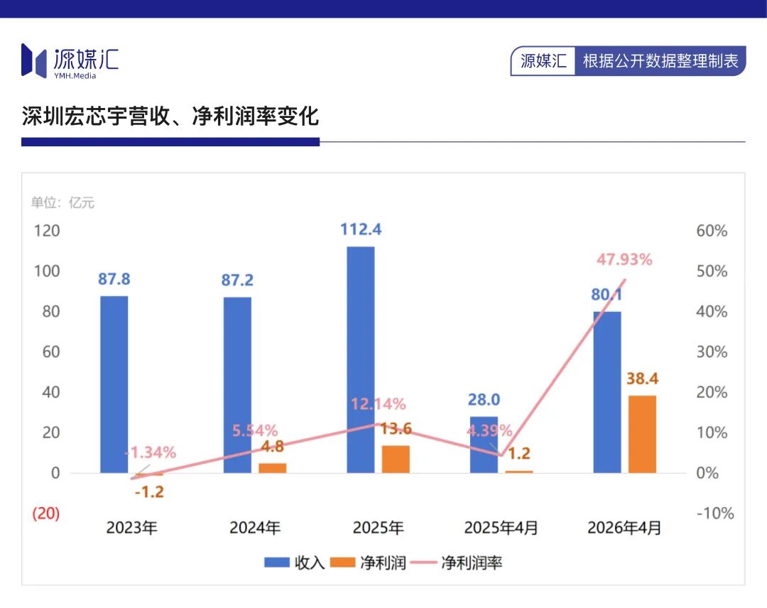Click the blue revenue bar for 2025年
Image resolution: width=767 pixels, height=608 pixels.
pos(361,359)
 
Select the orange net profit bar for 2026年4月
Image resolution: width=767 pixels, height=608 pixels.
pos(642,435)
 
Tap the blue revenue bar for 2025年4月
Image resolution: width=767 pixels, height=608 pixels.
pos(484,445)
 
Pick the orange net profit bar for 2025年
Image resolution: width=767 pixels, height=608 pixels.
pos(396,460)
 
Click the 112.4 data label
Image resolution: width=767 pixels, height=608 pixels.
pos(361,229)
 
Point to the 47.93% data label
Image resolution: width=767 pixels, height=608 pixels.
pos(624,259)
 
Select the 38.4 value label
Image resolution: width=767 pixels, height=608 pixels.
pos(642,379)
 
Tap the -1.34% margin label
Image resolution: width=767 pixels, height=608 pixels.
pos(151,452)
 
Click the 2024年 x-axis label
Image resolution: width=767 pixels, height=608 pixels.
pos(255,527)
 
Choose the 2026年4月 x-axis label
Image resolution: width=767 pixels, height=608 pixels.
pos(624,527)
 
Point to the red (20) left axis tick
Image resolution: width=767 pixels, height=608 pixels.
pos(46,513)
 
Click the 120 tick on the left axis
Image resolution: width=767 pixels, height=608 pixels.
pos(46,230)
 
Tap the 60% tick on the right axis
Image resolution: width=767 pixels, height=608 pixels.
pos(712,230)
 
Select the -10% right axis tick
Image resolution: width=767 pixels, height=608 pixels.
pos(715,513)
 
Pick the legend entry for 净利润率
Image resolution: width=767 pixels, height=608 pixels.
pos(457,563)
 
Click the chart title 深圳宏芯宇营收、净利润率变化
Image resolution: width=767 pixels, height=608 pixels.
pos(170,116)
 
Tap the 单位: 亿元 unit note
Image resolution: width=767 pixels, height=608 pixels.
pos(62,202)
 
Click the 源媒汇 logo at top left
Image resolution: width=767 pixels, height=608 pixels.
pos(70,61)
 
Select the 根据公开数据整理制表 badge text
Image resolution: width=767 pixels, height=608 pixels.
pos(660,61)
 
